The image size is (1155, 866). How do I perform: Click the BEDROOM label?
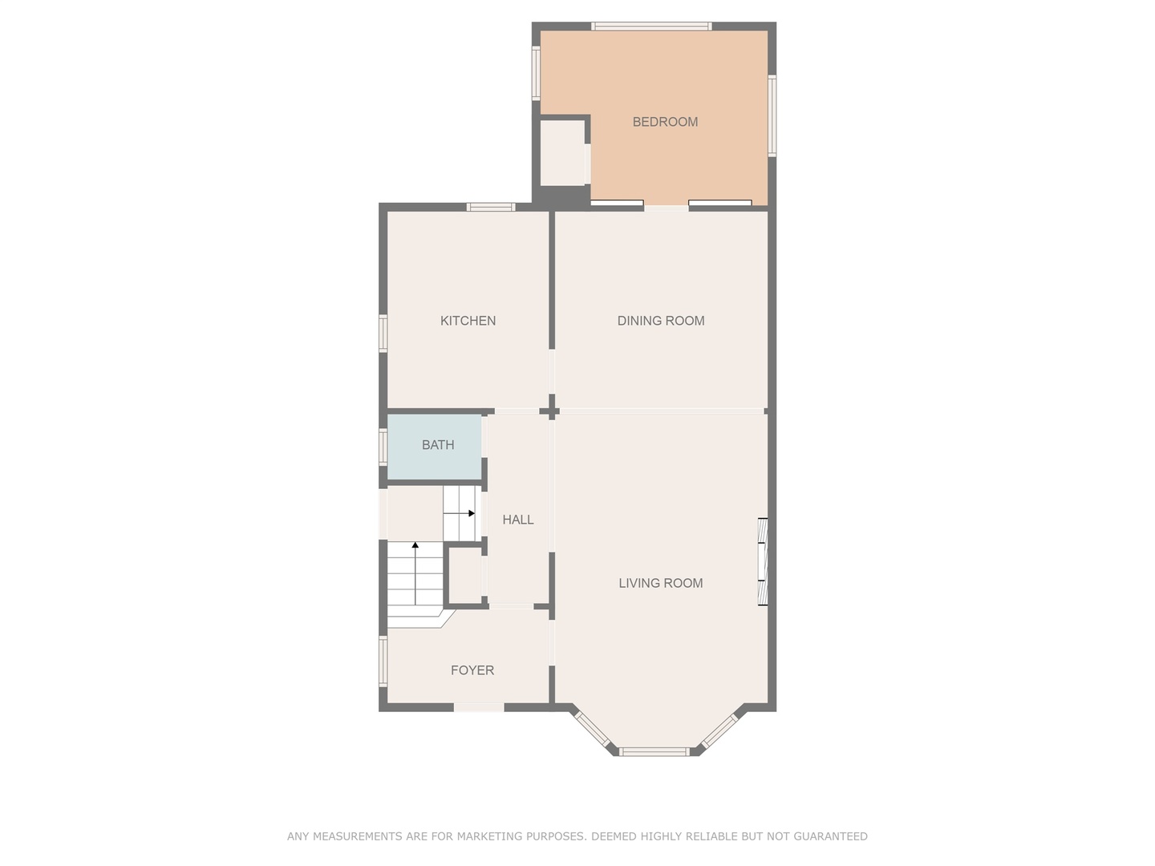pyautogui.click(x=665, y=122)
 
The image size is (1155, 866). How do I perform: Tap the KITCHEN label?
pyautogui.click(x=468, y=321)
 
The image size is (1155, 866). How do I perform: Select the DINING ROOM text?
pyautogui.click(x=661, y=321)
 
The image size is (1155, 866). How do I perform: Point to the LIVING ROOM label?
pyautogui.click(x=660, y=583)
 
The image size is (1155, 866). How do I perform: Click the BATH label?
pyautogui.click(x=438, y=445)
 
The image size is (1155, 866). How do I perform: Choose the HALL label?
pyautogui.click(x=518, y=520)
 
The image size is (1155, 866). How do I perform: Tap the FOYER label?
pyautogui.click(x=472, y=670)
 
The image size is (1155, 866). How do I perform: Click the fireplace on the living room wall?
pyautogui.click(x=763, y=561)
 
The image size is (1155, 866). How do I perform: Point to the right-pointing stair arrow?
pyautogui.click(x=471, y=513)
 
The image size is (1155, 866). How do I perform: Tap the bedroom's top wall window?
pyautogui.click(x=651, y=26)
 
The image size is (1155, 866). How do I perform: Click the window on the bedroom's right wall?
pyautogui.click(x=772, y=115)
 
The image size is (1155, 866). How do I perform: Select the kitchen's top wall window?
pyautogui.click(x=491, y=207)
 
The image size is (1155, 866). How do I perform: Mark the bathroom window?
pyautogui.click(x=383, y=446)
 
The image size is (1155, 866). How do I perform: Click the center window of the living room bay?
pyautogui.click(x=654, y=751)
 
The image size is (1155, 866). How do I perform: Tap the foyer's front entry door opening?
pyautogui.click(x=479, y=707)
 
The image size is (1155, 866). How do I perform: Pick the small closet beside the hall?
pyautogui.click(x=464, y=575)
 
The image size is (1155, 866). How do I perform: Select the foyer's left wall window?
pyautogui.click(x=383, y=661)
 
